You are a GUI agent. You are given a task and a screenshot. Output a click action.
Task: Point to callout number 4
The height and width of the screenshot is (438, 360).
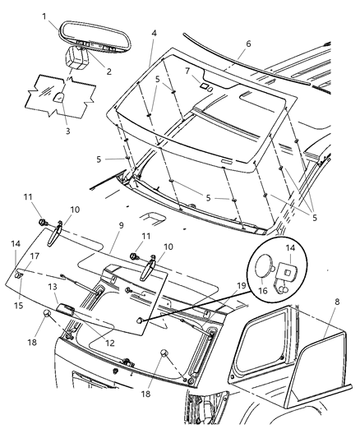tap(153, 33)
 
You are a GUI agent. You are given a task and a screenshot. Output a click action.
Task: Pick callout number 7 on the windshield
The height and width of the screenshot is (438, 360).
tap(187, 71)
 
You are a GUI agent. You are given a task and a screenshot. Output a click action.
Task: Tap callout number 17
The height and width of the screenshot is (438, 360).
tap(35, 256)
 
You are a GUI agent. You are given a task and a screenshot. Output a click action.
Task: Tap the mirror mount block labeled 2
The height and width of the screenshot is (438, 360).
tap(81, 60)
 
